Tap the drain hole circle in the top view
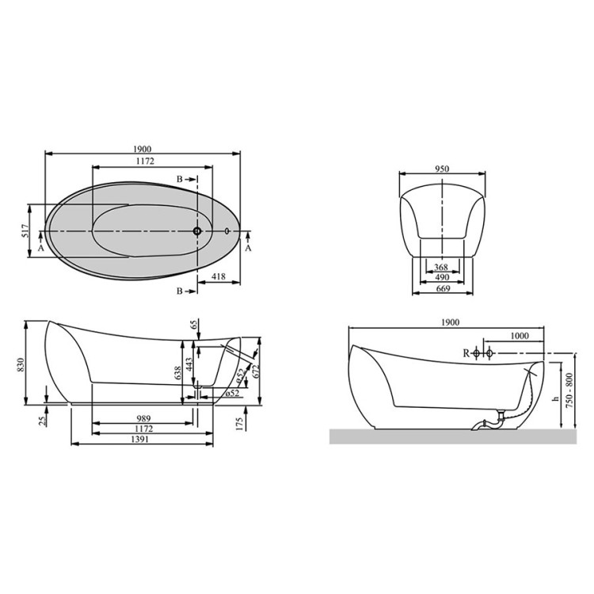pyautogui.click(x=197, y=231)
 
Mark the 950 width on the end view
pyautogui.click(x=442, y=169)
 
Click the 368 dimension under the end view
pyautogui.click(x=442, y=267)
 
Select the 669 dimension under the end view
pyautogui.click(x=442, y=290)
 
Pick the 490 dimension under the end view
pyautogui.click(x=442, y=278)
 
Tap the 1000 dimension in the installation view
pyautogui.click(x=519, y=336)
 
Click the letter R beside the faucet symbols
pyautogui.click(x=466, y=352)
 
